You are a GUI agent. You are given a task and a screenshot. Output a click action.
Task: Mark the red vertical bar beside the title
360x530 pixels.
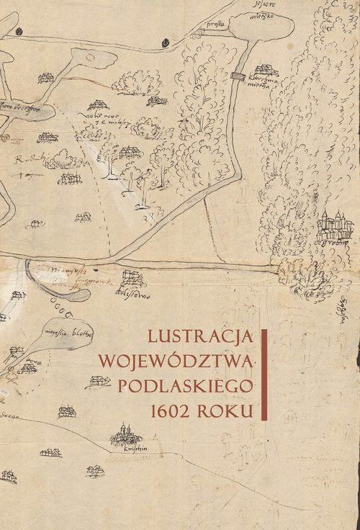pyautogui.click(x=264, y=374)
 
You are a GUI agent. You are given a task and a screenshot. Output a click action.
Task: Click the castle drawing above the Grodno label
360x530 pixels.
pyautogui.click(x=334, y=225)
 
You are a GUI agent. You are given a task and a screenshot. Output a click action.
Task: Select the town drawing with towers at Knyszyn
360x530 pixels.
pyautogui.click(x=126, y=434)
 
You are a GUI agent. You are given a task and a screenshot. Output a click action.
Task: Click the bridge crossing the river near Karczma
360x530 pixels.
pyautogui.click(x=238, y=76)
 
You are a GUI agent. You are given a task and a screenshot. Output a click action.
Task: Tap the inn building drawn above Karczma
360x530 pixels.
pyautogui.click(x=266, y=70)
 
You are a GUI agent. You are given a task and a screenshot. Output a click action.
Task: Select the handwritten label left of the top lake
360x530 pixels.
pyautogui.click(x=215, y=22)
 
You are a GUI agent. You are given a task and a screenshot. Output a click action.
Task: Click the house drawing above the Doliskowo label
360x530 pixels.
pyautogui.click(x=132, y=277)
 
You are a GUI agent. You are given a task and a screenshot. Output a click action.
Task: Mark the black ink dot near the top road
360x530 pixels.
pyautogui.click(x=21, y=32)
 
